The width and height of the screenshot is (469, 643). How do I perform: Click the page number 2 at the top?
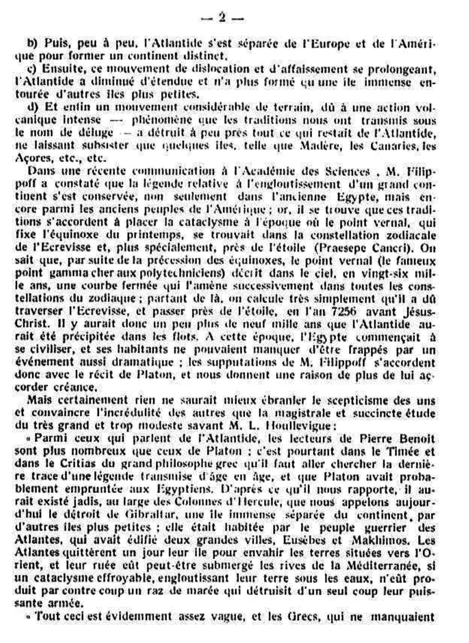tap(222, 18)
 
